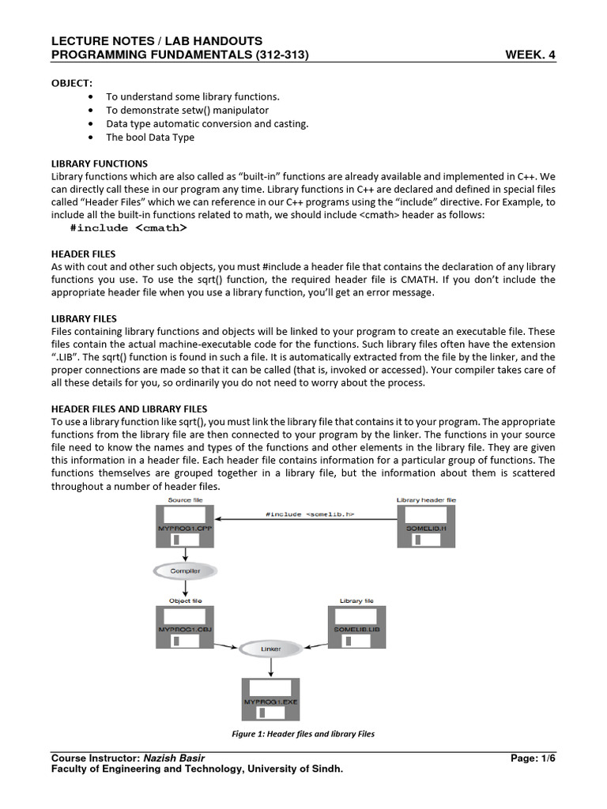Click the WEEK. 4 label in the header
click(530, 55)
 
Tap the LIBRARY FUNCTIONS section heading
click(99, 164)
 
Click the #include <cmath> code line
click(128, 228)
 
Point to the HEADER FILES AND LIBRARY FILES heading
click(129, 408)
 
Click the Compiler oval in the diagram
click(185, 570)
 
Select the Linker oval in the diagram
click(270, 649)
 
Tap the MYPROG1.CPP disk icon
click(185, 527)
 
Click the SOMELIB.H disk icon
click(425, 527)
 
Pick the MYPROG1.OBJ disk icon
click(185, 628)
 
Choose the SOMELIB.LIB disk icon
click(356, 628)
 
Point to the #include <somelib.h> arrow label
click(309, 514)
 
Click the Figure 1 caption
click(303, 734)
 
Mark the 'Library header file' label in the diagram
click(425, 500)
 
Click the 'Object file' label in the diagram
click(185, 601)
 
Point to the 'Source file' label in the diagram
click(185, 500)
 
